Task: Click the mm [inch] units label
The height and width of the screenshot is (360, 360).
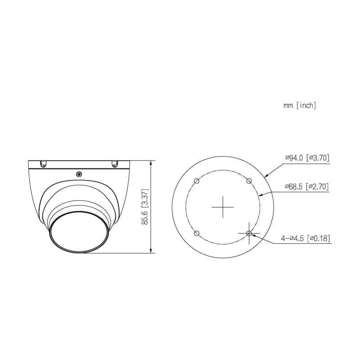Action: (300, 105)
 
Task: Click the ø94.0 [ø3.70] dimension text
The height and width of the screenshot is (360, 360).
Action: (307, 158)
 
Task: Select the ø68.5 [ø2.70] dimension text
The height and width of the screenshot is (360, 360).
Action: (307, 186)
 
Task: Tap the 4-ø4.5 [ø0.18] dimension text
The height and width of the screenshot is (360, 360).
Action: (306, 238)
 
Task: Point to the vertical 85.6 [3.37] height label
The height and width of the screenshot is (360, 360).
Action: (145, 207)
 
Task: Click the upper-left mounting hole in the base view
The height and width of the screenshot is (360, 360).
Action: (197, 181)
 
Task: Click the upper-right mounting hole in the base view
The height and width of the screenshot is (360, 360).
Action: (249, 181)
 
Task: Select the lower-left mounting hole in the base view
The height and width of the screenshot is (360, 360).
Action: (197, 234)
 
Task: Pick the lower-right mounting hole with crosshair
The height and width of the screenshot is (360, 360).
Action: (249, 234)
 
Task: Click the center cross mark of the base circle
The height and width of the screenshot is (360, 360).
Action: (223, 207)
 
